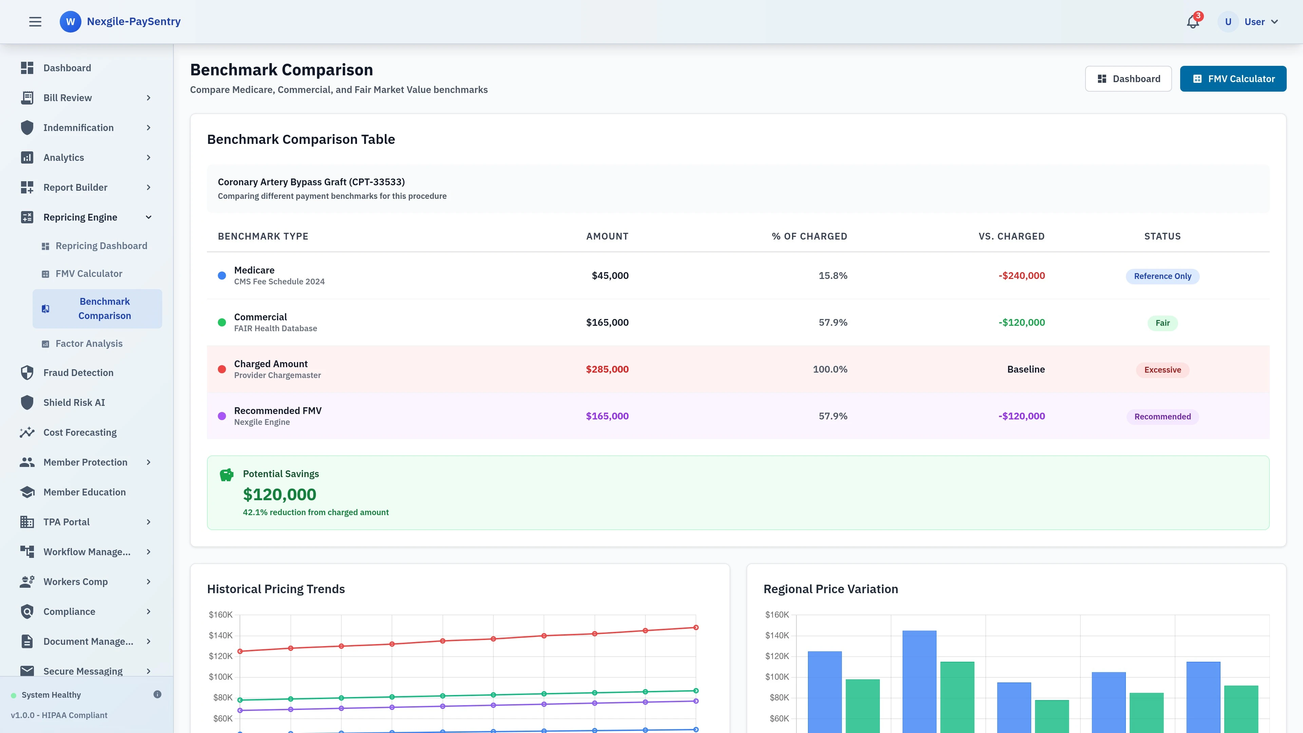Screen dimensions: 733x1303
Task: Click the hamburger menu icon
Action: [x=35, y=22]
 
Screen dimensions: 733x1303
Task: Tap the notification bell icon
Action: [x=1193, y=22]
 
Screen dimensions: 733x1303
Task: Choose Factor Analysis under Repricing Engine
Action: [x=89, y=343]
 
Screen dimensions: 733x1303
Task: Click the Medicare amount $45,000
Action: [x=610, y=276]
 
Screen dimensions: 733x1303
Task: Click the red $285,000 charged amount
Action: [x=607, y=369]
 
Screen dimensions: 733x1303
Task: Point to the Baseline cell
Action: [x=1025, y=369]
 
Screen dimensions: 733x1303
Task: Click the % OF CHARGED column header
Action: [x=809, y=236]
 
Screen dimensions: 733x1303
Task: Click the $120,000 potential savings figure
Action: [x=279, y=494]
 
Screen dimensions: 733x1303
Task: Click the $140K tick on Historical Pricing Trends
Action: [x=221, y=635]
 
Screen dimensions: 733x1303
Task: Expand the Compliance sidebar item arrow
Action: [x=148, y=612]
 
